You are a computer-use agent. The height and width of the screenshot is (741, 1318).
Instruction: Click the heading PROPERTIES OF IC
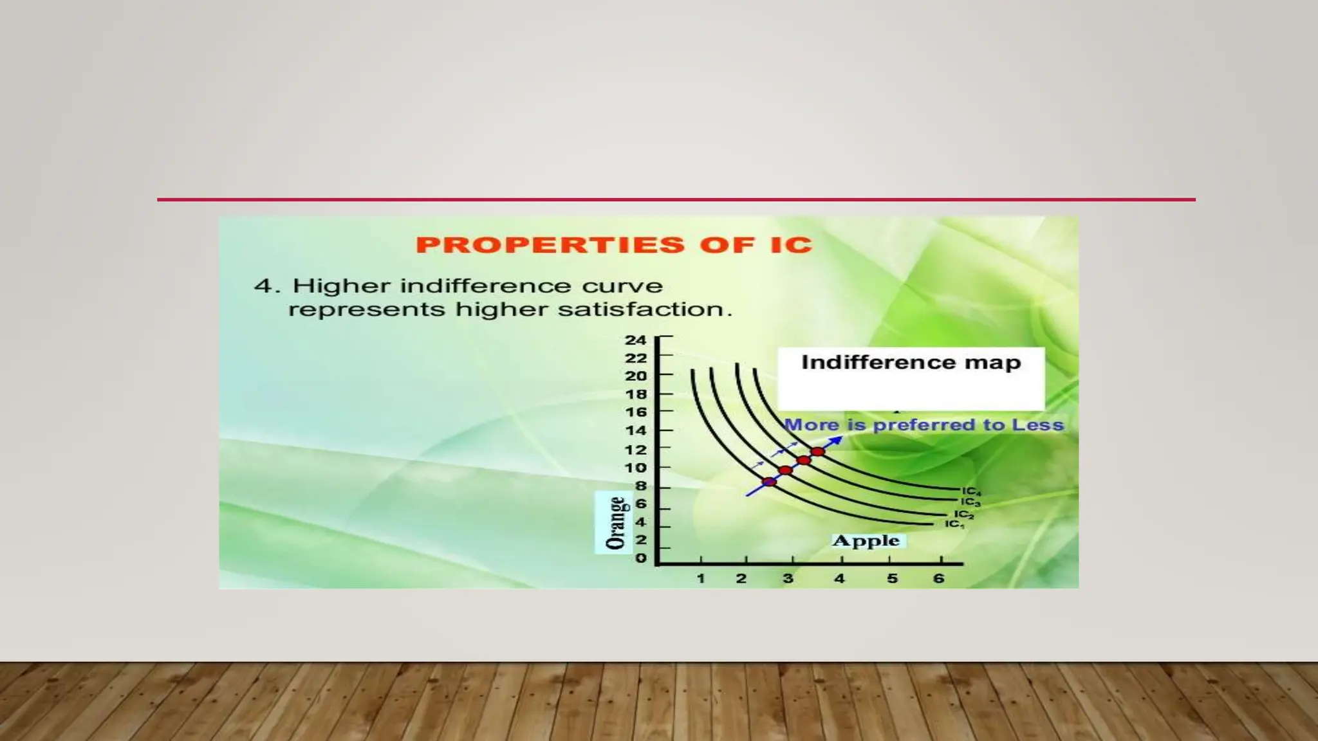[614, 245]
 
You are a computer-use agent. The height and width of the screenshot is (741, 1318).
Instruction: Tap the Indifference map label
[911, 363]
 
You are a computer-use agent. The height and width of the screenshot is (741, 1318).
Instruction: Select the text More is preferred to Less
[924, 425]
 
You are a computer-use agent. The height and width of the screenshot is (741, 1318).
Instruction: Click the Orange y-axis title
[616, 522]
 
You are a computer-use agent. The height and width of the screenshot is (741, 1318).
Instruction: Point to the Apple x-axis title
[866, 540]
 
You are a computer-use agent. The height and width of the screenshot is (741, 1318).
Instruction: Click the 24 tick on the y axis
[635, 340]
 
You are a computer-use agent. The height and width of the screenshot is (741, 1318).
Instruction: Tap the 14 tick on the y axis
[635, 431]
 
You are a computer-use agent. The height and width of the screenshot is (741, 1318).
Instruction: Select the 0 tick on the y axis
[640, 558]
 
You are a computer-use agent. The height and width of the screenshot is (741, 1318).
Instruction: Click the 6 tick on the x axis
[938, 579]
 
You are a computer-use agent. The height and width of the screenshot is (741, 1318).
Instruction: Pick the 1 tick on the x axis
[701, 579]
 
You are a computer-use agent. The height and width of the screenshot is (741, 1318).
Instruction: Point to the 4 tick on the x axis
[839, 579]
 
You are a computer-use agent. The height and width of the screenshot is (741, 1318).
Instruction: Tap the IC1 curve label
[954, 525]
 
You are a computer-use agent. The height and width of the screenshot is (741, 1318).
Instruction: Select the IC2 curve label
[963, 515]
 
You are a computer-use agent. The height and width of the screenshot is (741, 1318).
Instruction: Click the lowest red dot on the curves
[769, 481]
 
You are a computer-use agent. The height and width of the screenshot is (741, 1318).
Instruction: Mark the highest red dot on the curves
[817, 452]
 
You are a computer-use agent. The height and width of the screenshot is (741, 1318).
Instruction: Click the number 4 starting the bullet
[264, 286]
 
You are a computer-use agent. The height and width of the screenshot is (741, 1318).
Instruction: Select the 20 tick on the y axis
[635, 376]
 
